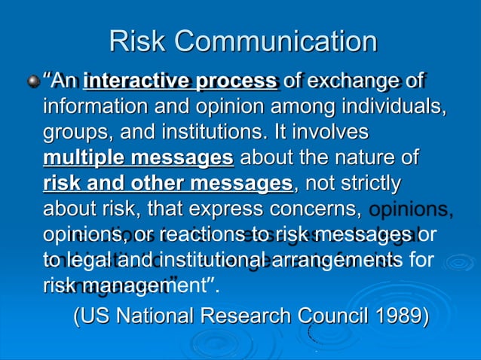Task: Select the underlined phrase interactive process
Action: click(179, 81)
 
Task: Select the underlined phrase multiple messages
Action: click(138, 158)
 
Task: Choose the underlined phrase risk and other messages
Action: click(167, 184)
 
